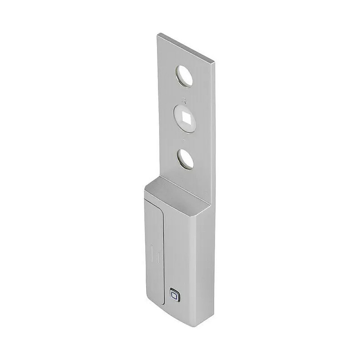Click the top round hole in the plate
[x=184, y=76]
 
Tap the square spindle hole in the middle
[x=185, y=118]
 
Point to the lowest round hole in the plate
[x=185, y=159]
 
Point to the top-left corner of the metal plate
[x=158, y=34]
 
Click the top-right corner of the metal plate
[x=214, y=61]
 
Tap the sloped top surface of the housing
[x=175, y=191]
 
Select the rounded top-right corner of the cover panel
[x=162, y=210]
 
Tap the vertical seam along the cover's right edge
[x=164, y=256]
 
